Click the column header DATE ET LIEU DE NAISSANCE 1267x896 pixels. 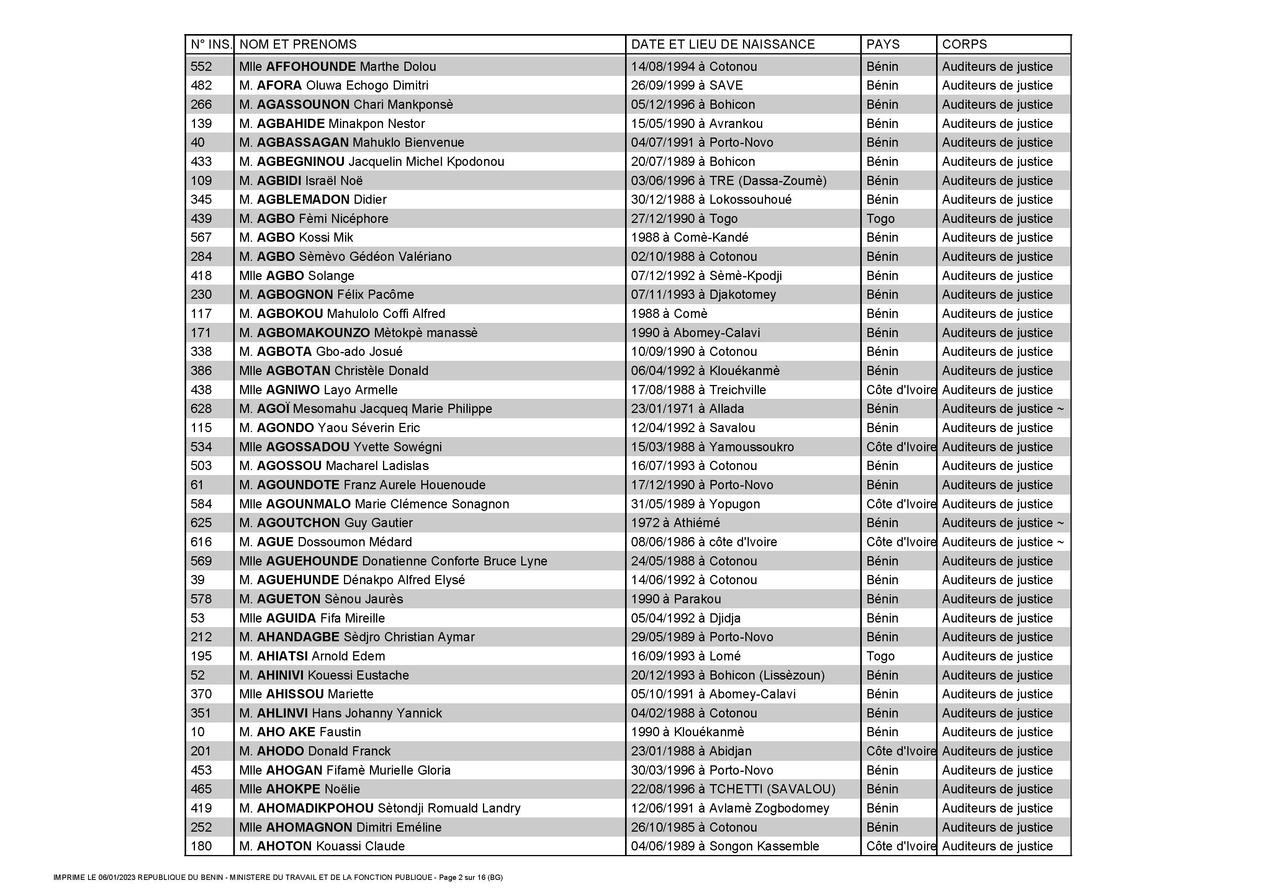click(x=722, y=44)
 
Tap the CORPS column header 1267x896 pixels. click(x=964, y=44)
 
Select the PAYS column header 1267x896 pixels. click(x=882, y=44)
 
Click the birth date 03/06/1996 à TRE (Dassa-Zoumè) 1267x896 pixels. click(x=728, y=180)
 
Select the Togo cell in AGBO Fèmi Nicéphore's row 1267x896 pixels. click(x=880, y=219)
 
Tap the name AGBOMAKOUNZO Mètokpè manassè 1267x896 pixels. click(x=358, y=333)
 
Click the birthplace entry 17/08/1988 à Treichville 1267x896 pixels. click(x=698, y=390)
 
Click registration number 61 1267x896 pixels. click(x=197, y=485)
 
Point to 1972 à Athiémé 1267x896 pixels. click(x=675, y=523)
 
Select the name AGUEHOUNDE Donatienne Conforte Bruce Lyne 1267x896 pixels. click(x=393, y=561)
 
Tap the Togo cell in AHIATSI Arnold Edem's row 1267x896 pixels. click(x=880, y=656)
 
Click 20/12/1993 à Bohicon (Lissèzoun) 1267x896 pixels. click(x=727, y=675)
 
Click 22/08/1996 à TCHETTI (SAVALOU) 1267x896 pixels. click(x=733, y=789)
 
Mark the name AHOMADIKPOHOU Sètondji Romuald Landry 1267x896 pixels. click(x=380, y=808)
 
